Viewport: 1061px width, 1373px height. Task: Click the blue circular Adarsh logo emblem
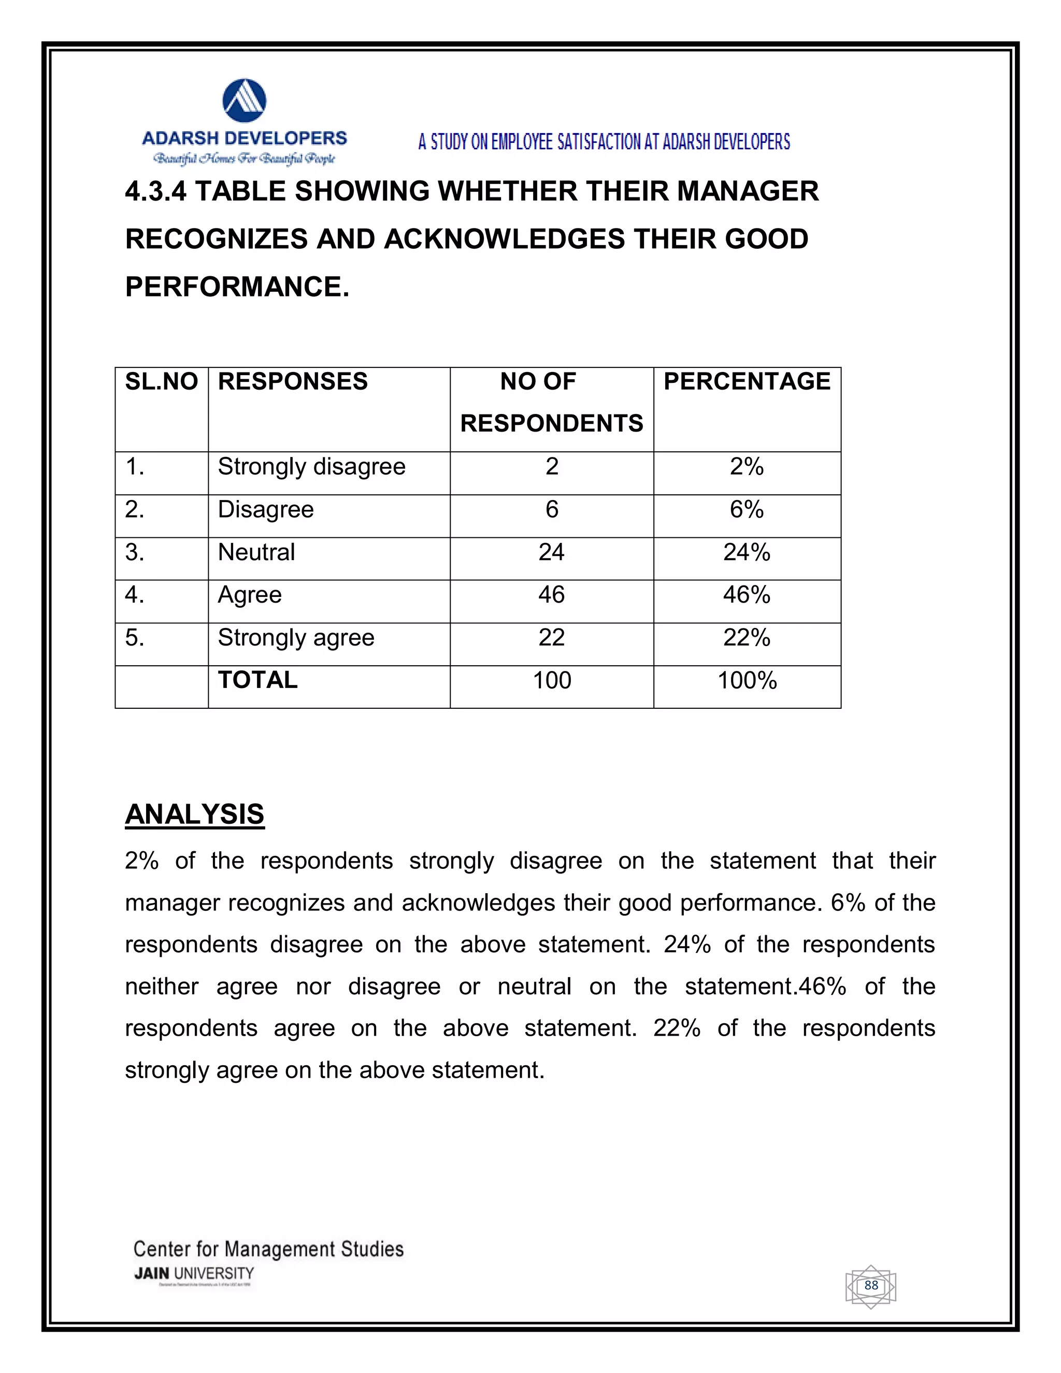click(x=245, y=101)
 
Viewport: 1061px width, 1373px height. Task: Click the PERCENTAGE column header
click(x=747, y=382)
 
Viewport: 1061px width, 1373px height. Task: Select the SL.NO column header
click(x=162, y=382)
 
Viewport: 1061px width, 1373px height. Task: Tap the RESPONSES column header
click(x=292, y=382)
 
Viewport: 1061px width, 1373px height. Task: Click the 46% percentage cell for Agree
click(x=746, y=595)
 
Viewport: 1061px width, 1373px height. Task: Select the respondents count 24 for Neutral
click(x=551, y=552)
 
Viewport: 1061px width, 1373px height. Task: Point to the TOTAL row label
click(x=257, y=680)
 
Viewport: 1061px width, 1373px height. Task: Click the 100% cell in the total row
click(x=747, y=681)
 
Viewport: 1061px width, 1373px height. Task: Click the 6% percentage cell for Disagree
click(x=746, y=509)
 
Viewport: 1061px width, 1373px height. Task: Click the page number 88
click(x=870, y=1285)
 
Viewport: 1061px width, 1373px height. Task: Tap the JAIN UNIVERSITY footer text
click(x=194, y=1274)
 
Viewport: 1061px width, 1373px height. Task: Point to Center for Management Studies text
click(x=268, y=1249)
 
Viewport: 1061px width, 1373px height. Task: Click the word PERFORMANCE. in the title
click(x=237, y=288)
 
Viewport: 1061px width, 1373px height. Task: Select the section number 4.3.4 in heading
click(x=155, y=191)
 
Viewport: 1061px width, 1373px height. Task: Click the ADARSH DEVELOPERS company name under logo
click(x=245, y=138)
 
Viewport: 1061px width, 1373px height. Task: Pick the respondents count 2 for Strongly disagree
click(x=551, y=466)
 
